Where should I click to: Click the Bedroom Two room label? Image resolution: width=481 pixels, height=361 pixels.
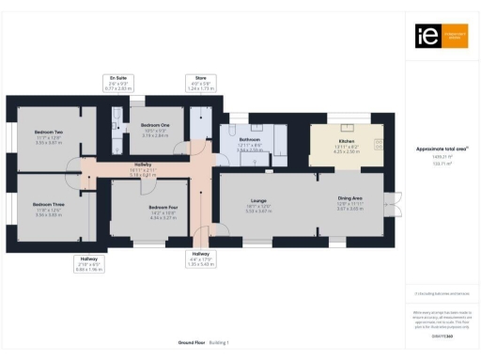48,133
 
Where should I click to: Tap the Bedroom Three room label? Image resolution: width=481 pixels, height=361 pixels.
48,204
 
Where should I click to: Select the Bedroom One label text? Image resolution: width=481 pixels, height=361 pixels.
155,125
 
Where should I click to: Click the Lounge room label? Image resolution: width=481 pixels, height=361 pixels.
257,199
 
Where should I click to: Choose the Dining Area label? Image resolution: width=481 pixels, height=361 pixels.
350,198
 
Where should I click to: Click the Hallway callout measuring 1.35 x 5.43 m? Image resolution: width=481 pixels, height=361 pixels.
201,259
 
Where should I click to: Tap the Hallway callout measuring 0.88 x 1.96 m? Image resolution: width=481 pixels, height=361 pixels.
89,263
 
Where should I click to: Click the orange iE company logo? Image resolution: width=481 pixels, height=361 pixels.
442,37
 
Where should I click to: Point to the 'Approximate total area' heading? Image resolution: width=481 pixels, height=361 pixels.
442,149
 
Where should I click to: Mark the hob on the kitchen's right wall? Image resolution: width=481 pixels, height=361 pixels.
380,144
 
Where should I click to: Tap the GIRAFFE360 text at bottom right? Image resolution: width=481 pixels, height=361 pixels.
442,336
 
